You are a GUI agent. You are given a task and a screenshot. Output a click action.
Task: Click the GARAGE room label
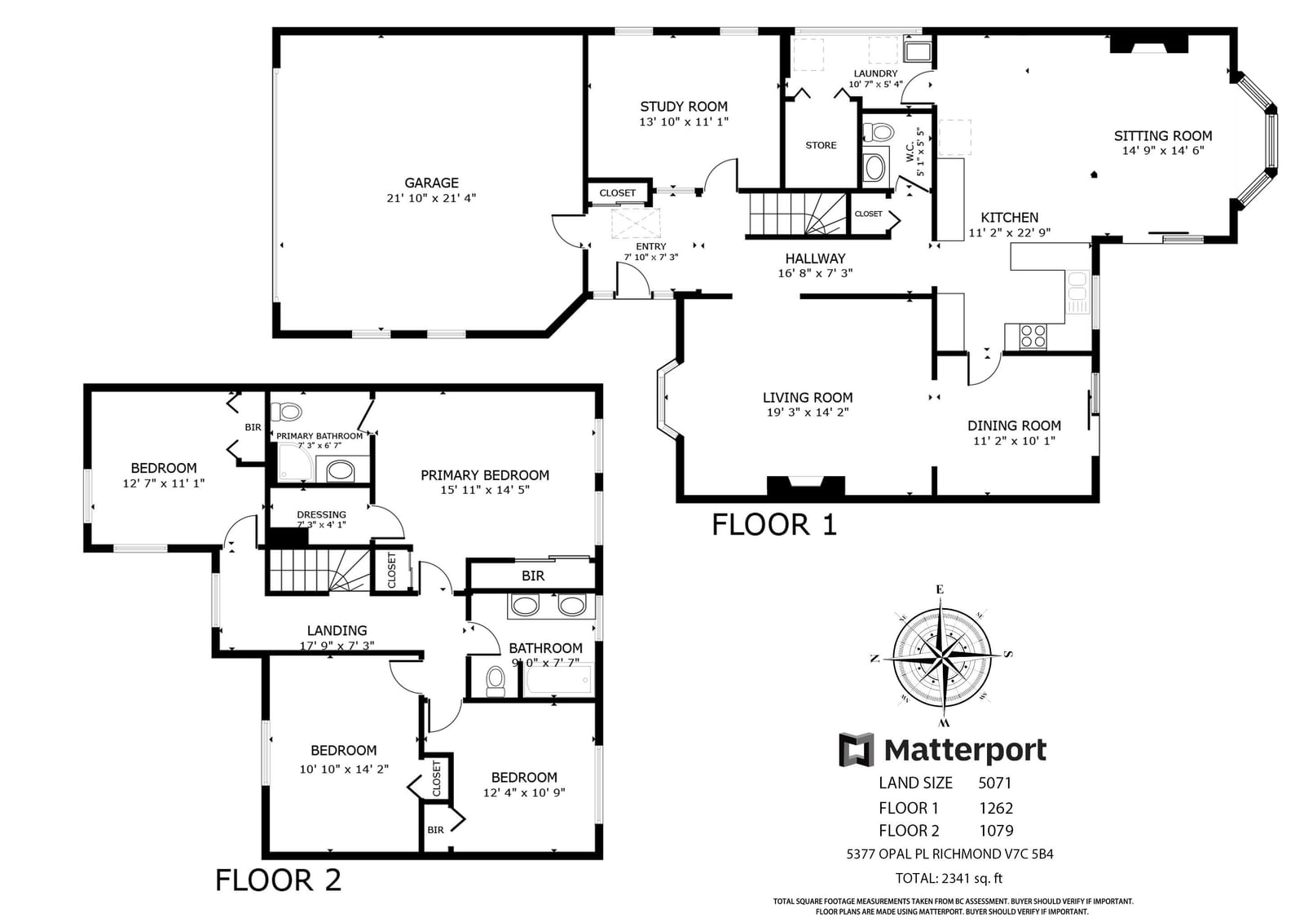click(431, 183)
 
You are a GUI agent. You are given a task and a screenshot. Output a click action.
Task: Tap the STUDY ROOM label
click(684, 107)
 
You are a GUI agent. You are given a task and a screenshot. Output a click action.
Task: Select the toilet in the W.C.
click(877, 131)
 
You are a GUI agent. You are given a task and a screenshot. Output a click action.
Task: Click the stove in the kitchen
click(1033, 336)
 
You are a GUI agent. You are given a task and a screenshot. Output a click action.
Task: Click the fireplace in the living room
click(806, 486)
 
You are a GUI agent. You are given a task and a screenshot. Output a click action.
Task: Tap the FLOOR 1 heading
click(774, 524)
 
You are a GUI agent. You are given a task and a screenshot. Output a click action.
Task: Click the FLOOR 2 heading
click(278, 880)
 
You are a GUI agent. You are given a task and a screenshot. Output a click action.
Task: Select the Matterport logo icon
click(857, 750)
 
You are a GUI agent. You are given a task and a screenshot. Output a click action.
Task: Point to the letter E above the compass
click(940, 589)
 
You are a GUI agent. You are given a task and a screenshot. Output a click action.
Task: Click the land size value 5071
click(995, 783)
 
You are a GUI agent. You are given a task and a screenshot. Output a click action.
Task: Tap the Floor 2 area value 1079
click(996, 831)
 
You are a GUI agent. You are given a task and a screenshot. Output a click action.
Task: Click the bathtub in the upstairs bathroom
click(558, 679)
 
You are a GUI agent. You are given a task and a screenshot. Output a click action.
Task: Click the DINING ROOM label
click(1014, 426)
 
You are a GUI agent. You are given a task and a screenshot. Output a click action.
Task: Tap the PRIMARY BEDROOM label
click(485, 475)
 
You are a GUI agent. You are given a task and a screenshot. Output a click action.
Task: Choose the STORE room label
click(821, 145)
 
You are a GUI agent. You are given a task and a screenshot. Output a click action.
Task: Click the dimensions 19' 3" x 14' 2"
click(808, 412)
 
